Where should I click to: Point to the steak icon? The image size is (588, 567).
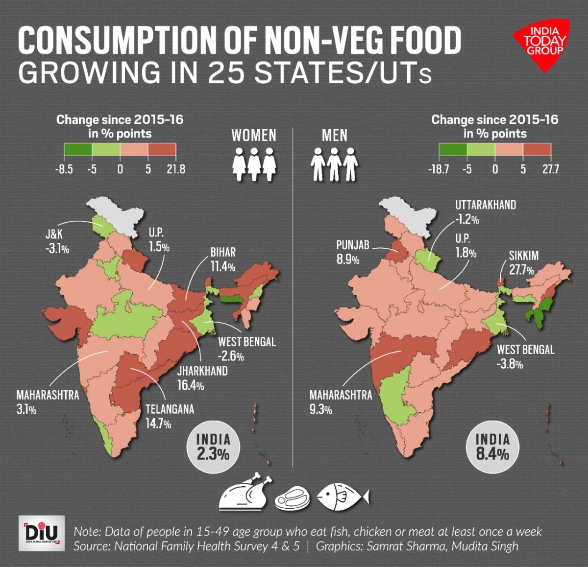tap(293, 499)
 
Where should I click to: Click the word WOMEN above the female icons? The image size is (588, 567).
tap(254, 136)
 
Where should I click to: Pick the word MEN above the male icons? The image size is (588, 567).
tap(335, 136)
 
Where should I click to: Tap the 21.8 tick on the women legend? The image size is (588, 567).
tap(175, 169)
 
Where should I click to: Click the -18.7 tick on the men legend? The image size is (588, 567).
tap(439, 169)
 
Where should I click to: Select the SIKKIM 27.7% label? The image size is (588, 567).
tap(523, 262)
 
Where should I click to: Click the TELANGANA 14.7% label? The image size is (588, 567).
tap(169, 416)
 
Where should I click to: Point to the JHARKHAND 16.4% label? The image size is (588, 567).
tap(202, 378)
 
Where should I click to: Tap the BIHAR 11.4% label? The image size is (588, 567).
tap(223, 259)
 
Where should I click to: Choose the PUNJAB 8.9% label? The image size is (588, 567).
tap(352, 252)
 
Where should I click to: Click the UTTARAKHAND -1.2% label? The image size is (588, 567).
tap(485, 212)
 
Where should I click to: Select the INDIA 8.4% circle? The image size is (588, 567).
tap(492, 447)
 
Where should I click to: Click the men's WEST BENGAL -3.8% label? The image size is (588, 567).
tap(525, 356)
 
